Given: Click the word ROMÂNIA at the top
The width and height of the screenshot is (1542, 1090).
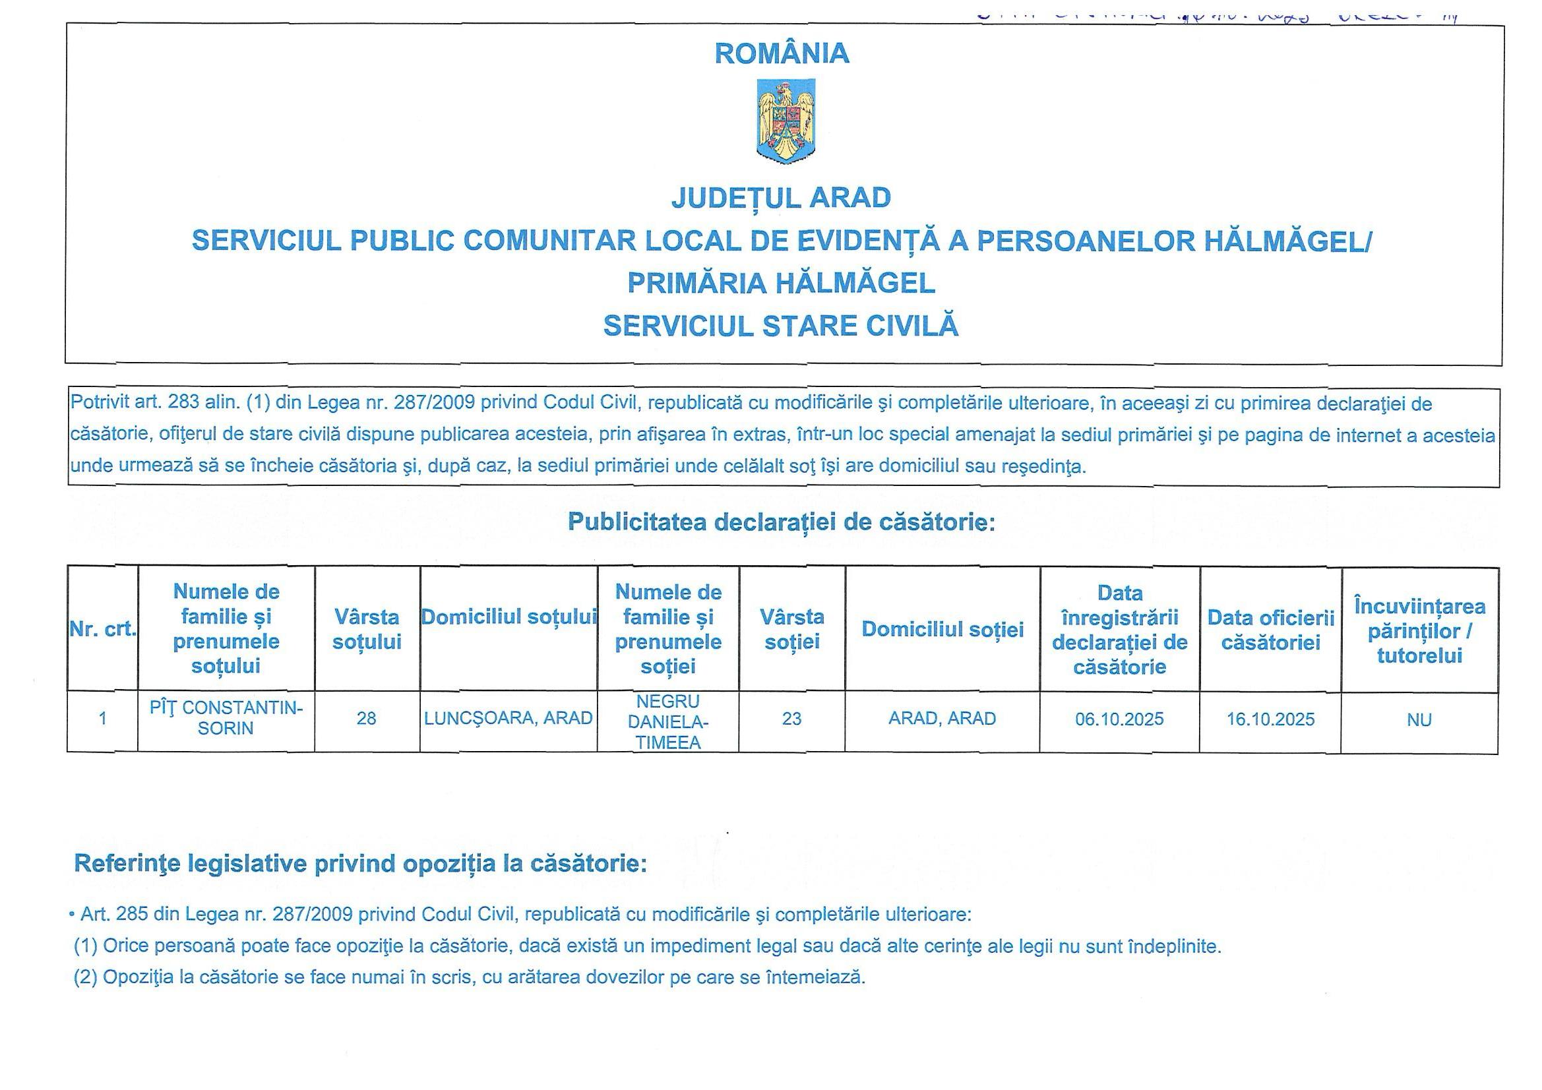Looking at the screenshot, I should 782,53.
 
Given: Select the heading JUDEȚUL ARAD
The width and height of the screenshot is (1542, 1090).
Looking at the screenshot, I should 781,197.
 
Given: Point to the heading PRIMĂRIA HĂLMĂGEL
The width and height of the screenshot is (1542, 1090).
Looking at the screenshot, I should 781,283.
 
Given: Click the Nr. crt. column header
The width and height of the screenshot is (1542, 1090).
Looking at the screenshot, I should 103,628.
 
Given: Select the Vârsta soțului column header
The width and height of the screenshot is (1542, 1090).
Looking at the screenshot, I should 367,628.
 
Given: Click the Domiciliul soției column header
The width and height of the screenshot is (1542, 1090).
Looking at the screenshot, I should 942,629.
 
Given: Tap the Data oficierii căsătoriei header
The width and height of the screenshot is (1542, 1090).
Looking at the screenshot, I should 1270,629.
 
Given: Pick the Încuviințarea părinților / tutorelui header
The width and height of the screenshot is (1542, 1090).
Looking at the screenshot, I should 1419,630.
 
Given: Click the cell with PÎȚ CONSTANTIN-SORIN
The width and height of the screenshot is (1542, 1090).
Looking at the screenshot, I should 226,718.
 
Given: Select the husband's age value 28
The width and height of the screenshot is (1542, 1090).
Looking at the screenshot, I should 366,719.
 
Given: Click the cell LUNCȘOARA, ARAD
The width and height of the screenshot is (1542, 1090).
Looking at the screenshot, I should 509,719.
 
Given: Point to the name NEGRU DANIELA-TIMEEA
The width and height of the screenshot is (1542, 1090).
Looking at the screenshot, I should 668,722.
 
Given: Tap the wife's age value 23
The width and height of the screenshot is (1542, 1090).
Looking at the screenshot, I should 792,719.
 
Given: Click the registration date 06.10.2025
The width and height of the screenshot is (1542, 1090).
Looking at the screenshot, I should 1119,719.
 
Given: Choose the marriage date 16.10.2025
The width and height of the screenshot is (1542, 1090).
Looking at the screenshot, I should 1270,719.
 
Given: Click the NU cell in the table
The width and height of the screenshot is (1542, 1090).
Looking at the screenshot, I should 1419,720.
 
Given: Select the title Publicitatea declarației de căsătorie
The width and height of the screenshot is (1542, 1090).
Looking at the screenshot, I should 781,522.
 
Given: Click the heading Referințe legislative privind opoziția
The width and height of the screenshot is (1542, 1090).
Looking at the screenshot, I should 360,863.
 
